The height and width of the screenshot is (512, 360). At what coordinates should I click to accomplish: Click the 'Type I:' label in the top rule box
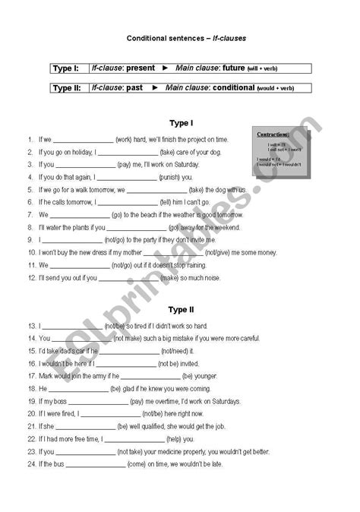tap(66, 68)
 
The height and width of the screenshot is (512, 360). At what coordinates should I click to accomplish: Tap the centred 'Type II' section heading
tap(179, 310)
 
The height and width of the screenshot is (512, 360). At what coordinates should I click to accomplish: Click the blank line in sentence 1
tap(83, 140)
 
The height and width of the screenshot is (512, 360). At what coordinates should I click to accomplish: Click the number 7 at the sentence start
tap(30, 214)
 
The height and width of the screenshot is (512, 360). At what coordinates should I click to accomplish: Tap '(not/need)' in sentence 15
tap(176, 351)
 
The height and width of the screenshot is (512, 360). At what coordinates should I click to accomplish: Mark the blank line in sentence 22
tap(133, 438)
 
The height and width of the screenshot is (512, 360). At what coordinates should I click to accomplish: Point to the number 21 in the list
tap(31, 426)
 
